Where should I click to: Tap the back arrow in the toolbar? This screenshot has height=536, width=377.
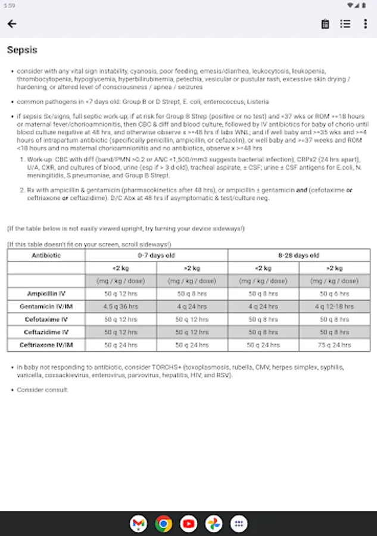[x=12, y=24]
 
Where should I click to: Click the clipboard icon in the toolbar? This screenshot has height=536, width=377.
[x=325, y=24]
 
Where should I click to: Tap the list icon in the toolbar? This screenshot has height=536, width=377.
[x=345, y=24]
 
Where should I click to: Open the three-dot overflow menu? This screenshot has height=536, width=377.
[x=365, y=24]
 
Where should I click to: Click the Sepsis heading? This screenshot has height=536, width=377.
[x=22, y=50]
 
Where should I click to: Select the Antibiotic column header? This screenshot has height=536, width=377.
[x=46, y=255]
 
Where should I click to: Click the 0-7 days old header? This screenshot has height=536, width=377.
[x=156, y=255]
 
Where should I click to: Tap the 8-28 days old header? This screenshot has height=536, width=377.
[x=299, y=255]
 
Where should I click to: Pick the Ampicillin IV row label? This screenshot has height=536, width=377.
[x=46, y=294]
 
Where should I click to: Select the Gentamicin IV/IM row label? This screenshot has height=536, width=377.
[x=46, y=307]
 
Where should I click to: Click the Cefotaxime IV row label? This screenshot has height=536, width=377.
[x=46, y=319]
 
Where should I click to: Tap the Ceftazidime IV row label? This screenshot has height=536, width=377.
[x=46, y=332]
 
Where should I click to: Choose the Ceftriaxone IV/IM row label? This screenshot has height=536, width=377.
[x=46, y=345]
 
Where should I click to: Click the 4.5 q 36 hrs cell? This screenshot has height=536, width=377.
[x=121, y=307]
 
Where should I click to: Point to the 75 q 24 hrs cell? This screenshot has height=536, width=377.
[x=335, y=345]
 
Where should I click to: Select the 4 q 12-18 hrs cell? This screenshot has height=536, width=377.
[x=335, y=307]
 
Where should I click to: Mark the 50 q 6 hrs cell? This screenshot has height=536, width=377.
[x=335, y=294]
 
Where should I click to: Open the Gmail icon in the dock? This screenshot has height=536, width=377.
[x=138, y=523]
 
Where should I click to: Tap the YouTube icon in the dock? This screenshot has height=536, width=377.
[x=189, y=523]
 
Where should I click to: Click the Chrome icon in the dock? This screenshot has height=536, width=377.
[x=163, y=523]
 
